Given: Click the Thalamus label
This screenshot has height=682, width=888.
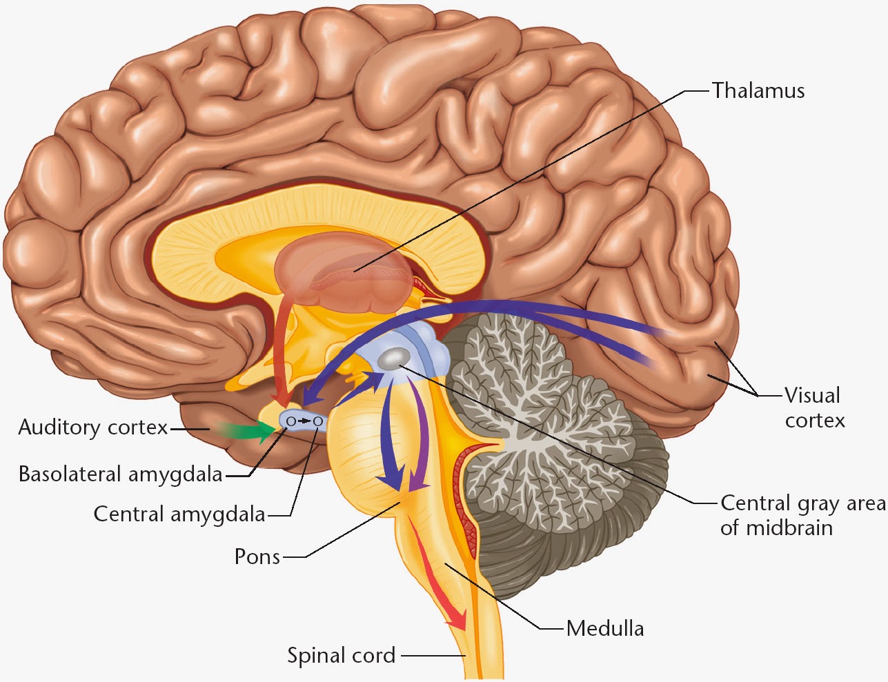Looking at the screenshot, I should tap(758, 91).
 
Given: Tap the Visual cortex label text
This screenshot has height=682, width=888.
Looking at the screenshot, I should tap(814, 408).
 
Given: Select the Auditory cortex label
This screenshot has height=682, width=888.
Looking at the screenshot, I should tap(93, 428).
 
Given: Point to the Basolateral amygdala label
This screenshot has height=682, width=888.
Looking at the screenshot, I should tap(121, 474).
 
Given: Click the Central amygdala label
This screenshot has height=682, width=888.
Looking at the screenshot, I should tap(179, 514).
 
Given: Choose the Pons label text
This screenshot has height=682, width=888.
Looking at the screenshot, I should tap(257, 556).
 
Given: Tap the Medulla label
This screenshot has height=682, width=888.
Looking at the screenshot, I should tap(605, 628).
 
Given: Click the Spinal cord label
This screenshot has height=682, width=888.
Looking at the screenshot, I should tap(342, 655).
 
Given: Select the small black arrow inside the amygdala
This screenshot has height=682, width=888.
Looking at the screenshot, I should tap(304, 420).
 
